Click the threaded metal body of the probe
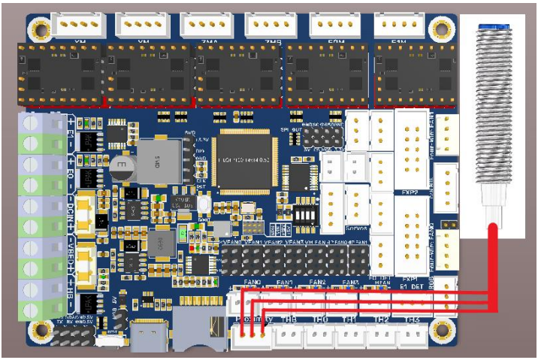pos(493,113)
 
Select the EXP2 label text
pos(410,192)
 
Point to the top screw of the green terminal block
pos(31,123)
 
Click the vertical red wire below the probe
pos(493,263)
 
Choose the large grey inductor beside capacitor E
pos(165,160)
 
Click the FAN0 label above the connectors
pos(252,282)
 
